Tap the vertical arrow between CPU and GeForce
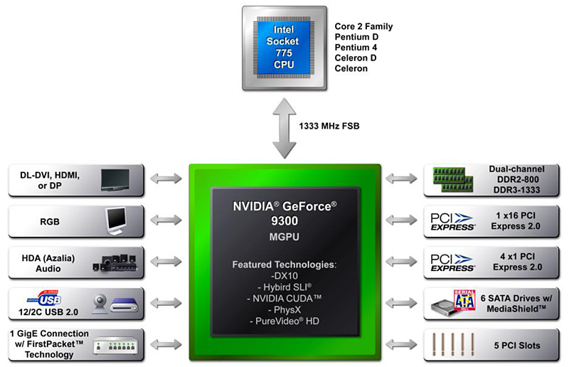pos(284,128)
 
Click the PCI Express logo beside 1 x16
pos(452,221)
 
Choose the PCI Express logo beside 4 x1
pos(452,262)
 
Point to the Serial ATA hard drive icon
pos(453,304)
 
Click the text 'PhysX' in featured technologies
pos(284,310)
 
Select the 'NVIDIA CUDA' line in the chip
pos(284,299)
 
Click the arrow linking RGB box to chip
pos(166,221)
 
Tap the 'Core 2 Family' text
pos(363,27)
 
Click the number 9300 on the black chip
pos(284,220)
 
